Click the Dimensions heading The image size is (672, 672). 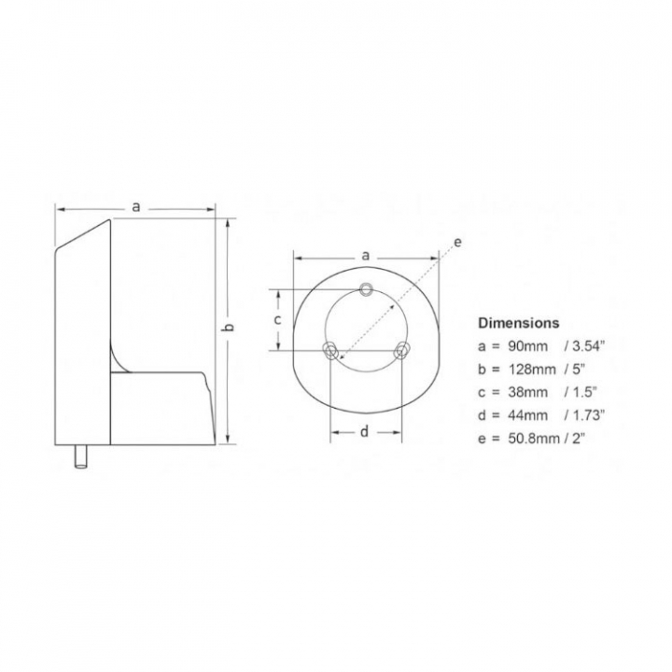click(x=519, y=323)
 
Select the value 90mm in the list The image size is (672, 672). click(x=528, y=346)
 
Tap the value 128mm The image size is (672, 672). click(x=532, y=369)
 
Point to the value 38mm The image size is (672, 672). click(x=528, y=392)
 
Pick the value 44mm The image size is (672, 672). click(x=528, y=415)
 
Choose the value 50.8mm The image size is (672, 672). click(x=535, y=439)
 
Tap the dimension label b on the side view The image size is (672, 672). click(x=230, y=327)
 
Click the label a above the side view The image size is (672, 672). click(x=136, y=207)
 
